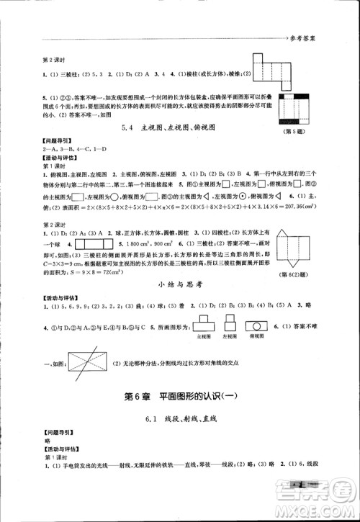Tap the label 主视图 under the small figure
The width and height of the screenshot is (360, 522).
pyautogui.click(x=204, y=336)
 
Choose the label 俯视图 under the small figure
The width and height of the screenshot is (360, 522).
pyautogui.click(x=258, y=336)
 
